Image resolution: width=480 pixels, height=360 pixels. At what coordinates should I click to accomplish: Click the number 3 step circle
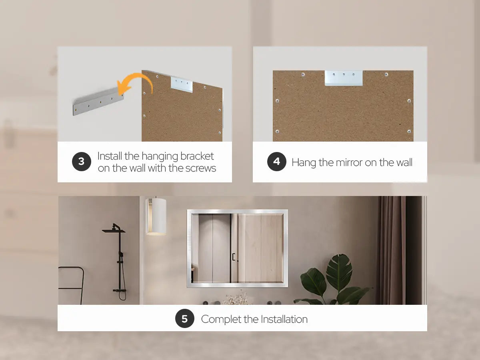(x=81, y=162)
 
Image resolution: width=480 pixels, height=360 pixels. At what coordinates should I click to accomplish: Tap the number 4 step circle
(x=277, y=162)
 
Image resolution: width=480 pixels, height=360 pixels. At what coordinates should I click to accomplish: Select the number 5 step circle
(x=184, y=318)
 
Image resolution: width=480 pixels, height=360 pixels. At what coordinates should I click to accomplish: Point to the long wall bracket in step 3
(x=98, y=102)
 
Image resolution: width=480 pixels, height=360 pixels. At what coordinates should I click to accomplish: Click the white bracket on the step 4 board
(x=344, y=78)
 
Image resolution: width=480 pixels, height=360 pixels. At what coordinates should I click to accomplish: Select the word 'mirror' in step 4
(x=349, y=162)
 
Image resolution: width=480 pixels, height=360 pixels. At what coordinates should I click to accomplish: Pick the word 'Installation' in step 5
(x=284, y=319)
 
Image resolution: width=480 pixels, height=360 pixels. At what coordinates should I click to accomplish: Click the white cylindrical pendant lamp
(x=156, y=216)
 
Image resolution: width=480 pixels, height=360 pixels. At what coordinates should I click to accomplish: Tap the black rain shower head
(x=114, y=229)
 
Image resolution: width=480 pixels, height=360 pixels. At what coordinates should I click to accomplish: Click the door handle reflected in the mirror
(x=234, y=257)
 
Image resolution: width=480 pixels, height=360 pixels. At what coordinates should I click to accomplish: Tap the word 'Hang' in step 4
(x=304, y=163)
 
